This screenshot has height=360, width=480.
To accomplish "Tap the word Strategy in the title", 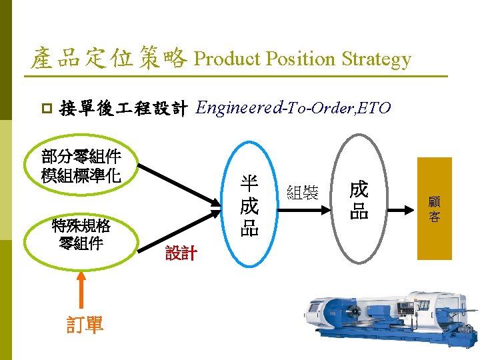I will pos(377,59).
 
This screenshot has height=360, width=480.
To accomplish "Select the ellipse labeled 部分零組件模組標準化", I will pos(80,166).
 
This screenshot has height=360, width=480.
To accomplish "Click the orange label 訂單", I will pos(85,325).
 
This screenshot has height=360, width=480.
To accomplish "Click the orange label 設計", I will pos(181,253).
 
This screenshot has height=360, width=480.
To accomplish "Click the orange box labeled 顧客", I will pos(434,208).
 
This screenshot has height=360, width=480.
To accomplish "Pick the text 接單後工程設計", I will pos(123,107).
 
